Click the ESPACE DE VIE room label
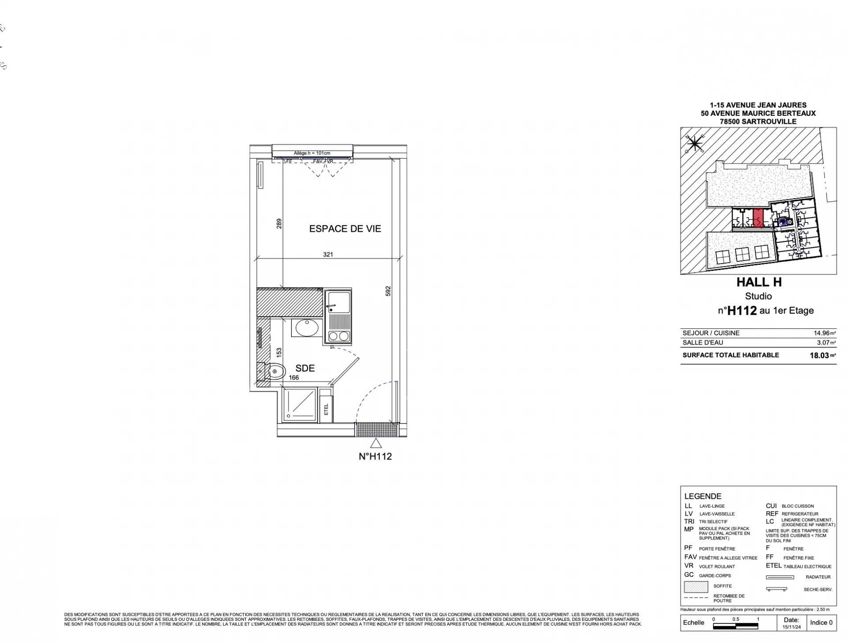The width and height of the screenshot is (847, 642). click(x=345, y=229)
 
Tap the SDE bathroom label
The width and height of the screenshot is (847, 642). click(x=305, y=368)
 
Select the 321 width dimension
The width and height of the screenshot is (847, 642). click(x=328, y=254)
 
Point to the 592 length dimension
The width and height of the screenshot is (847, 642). click(x=388, y=291)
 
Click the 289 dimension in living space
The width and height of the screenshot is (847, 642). click(x=279, y=224)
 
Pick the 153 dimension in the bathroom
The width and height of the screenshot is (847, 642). click(x=279, y=353)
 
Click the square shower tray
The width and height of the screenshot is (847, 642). click(x=300, y=404)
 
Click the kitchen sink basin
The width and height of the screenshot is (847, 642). click(x=338, y=301)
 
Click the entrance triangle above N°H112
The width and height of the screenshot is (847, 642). click(x=375, y=443)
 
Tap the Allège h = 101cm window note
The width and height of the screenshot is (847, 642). click(x=312, y=153)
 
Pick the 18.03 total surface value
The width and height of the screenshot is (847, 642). click(x=819, y=356)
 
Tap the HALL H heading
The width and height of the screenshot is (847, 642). click(x=759, y=282)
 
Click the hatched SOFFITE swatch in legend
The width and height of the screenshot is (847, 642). click(x=696, y=587)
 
